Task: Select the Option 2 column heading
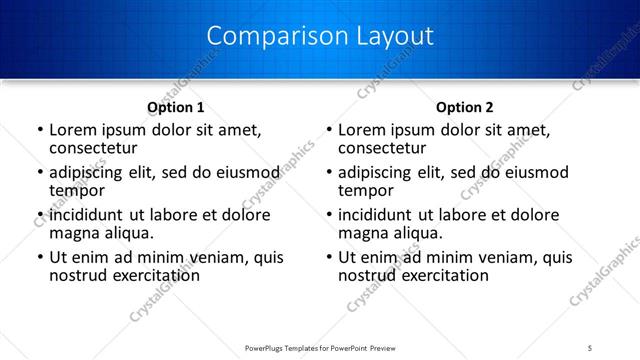(465, 107)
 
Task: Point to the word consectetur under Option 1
(92, 148)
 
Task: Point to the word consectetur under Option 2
(381, 148)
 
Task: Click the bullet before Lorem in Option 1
(39, 130)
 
